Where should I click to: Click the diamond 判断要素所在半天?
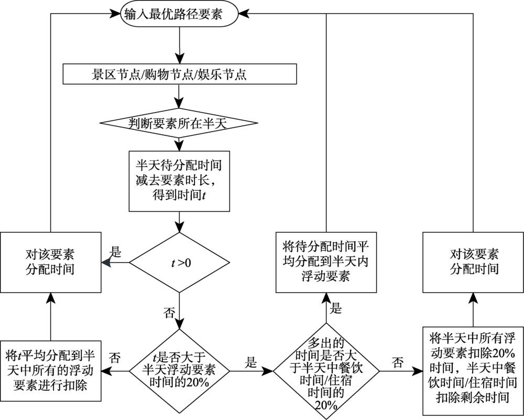pos(179,124)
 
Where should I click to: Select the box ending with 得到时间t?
pos(179,181)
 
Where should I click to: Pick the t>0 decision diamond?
pos(179,262)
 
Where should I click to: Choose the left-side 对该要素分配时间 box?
pos(50,262)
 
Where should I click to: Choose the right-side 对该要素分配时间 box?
pos(474,262)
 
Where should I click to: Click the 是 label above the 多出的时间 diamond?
pos(336,308)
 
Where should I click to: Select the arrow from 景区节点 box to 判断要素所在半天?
pos(179,98)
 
